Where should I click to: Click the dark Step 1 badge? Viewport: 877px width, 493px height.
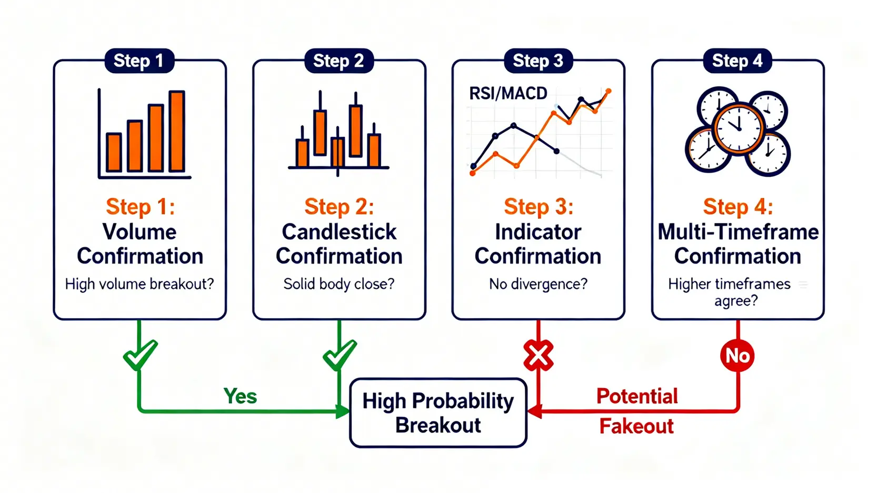[139, 61]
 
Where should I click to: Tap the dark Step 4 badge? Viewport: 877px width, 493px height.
[738, 61]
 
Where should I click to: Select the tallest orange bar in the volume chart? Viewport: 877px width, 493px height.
[176, 132]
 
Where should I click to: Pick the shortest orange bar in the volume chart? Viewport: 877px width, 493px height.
[114, 152]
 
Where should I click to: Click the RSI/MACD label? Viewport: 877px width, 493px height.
[508, 94]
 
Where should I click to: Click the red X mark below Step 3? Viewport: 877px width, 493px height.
[539, 355]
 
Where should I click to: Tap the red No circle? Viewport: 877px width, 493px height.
[737, 356]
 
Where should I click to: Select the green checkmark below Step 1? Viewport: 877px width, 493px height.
[140, 355]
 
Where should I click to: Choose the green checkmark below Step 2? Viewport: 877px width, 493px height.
[340, 355]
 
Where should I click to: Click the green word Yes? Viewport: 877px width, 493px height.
[240, 396]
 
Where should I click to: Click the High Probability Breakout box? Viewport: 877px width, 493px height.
[438, 413]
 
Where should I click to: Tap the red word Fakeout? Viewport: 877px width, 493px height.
[636, 426]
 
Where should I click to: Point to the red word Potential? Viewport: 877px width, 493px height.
[637, 396]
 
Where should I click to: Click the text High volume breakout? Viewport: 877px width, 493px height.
[139, 284]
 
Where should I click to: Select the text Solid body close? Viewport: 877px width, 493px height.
[339, 284]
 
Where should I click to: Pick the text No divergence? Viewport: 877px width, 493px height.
[539, 284]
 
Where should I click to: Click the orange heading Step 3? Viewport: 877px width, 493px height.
[539, 207]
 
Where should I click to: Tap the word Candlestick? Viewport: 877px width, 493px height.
[339, 232]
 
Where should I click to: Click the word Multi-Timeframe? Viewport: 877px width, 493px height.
[738, 232]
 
